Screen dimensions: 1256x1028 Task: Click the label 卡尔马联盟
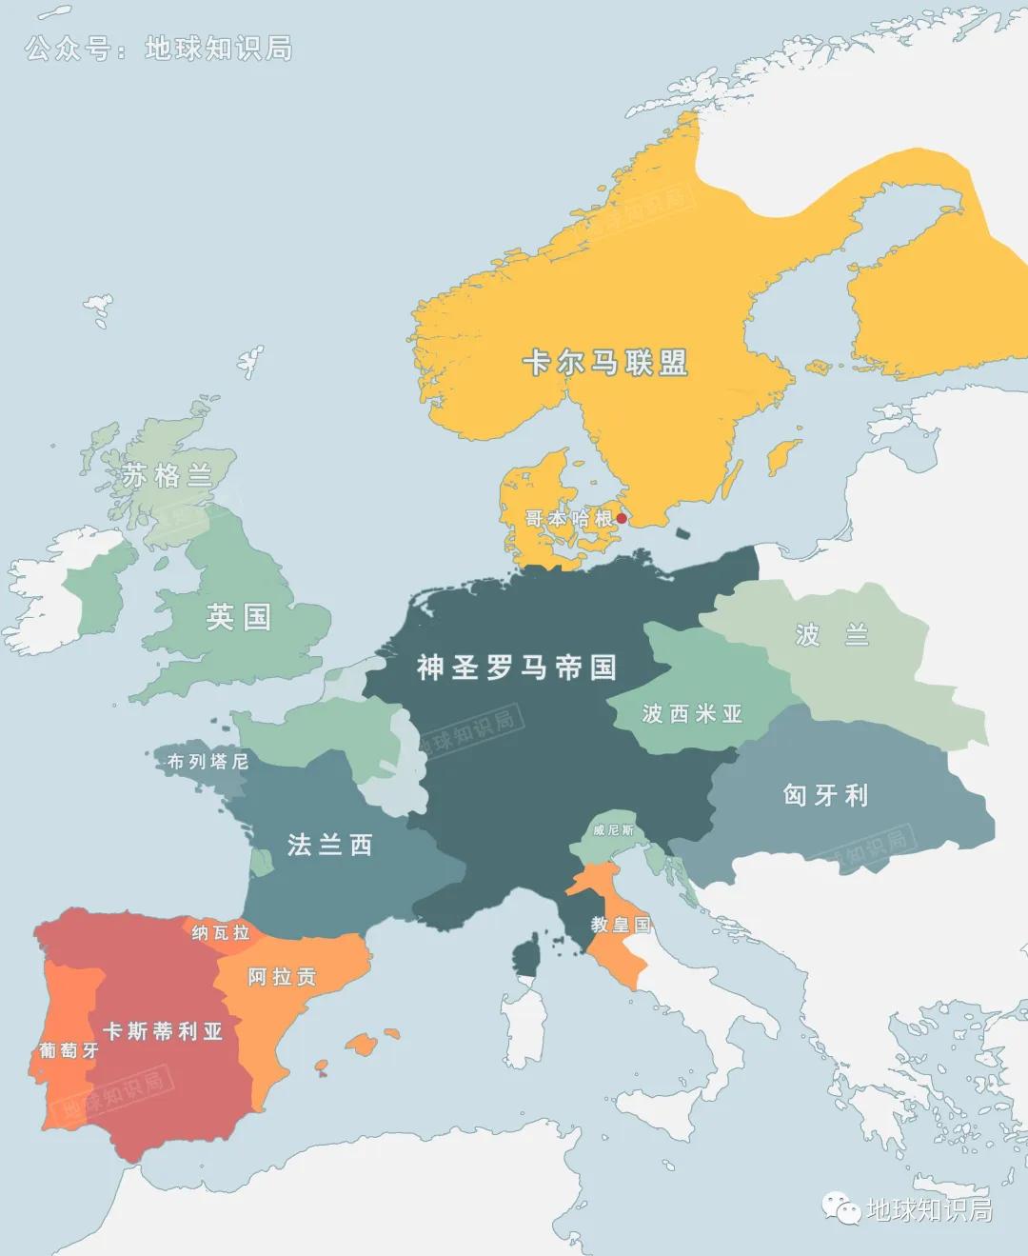tap(604, 363)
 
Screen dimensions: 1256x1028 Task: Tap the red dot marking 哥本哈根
tap(622, 519)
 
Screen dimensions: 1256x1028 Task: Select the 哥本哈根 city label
tap(569, 519)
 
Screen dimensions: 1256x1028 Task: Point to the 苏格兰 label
tap(167, 475)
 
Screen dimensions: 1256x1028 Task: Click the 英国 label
tap(239, 617)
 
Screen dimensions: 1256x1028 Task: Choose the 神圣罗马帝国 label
tap(516, 668)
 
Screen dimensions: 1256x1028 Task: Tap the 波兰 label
tap(832, 635)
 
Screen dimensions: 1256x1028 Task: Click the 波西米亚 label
tap(692, 713)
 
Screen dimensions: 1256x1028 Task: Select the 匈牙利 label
tap(825, 795)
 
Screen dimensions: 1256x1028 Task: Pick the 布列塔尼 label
tap(208, 762)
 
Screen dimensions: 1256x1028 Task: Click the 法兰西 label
tap(329, 845)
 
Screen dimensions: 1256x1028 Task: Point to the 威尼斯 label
tap(613, 830)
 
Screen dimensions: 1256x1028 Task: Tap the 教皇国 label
tap(621, 925)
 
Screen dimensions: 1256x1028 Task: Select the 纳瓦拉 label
tap(221, 932)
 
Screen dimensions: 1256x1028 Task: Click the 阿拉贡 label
tap(282, 977)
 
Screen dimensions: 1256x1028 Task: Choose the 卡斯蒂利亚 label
tap(163, 1031)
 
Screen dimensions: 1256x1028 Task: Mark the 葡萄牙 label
tap(69, 1050)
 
